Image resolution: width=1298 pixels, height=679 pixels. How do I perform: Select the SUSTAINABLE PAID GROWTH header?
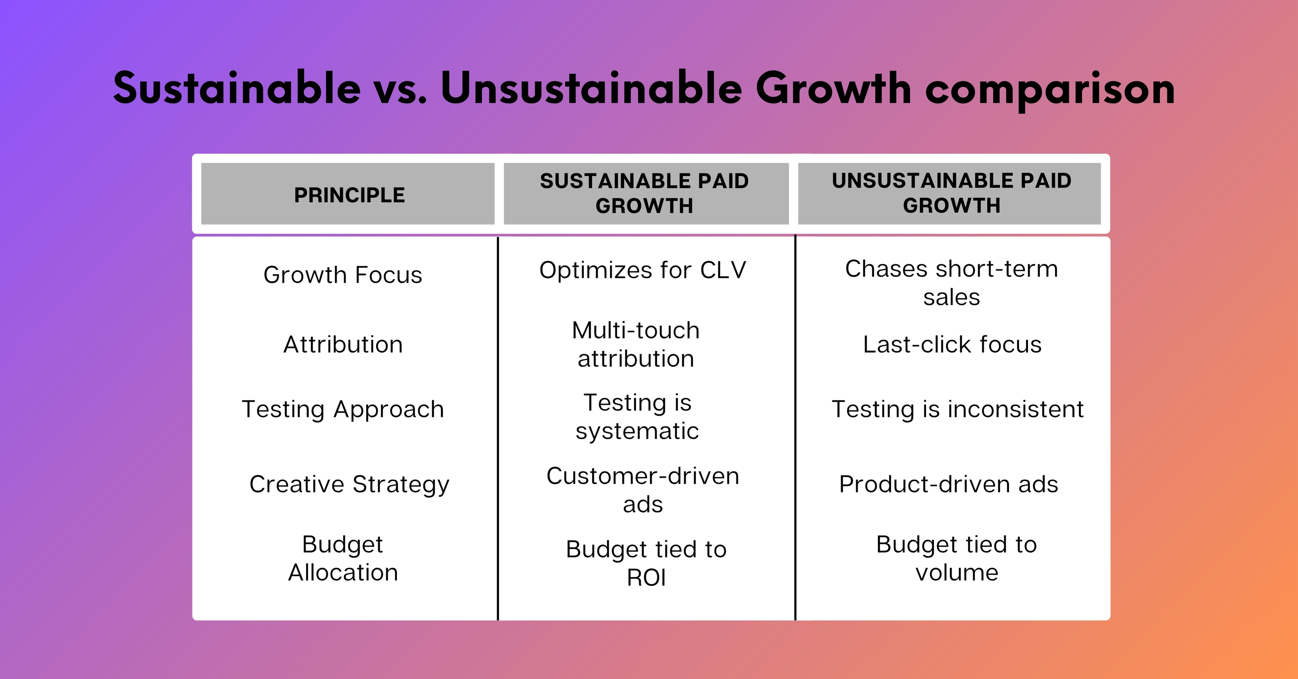pyautogui.click(x=645, y=193)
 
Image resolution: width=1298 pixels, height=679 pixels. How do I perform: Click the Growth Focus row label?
pyautogui.click(x=343, y=275)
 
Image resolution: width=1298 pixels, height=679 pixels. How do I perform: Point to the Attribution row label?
pyautogui.click(x=343, y=345)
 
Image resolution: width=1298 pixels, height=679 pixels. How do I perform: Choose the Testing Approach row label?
pyautogui.click(x=343, y=409)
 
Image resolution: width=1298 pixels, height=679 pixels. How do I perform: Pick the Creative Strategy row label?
pyautogui.click(x=349, y=484)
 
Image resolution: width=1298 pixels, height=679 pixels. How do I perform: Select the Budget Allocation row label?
pyautogui.click(x=343, y=558)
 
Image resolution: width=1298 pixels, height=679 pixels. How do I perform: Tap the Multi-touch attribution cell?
pyautogui.click(x=636, y=345)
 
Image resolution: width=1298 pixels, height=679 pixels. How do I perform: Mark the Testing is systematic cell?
pyautogui.click(x=638, y=417)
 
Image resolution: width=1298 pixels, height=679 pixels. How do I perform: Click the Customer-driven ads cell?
pyautogui.click(x=642, y=490)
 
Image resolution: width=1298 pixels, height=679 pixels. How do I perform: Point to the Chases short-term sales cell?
pyautogui.click(x=951, y=283)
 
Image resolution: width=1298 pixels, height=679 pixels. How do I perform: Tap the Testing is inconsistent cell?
pyautogui.click(x=957, y=409)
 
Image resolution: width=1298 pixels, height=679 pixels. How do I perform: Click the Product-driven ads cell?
pyautogui.click(x=948, y=484)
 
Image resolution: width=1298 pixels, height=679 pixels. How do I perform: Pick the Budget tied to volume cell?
pyautogui.click(x=956, y=558)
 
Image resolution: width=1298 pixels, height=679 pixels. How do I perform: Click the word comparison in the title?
pyautogui.click(x=1050, y=90)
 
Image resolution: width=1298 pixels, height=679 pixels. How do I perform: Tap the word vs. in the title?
pyautogui.click(x=400, y=90)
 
